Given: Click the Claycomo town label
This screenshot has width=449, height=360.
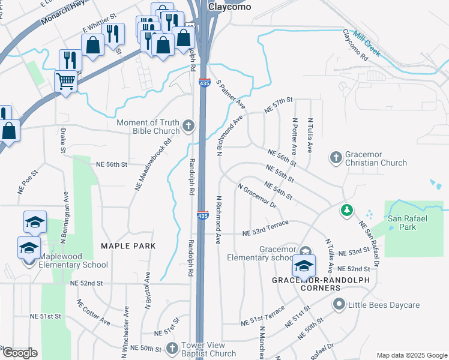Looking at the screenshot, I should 229,7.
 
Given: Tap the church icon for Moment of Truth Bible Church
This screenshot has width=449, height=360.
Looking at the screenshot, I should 188,126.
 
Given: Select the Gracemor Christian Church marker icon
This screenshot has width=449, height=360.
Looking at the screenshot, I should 336,158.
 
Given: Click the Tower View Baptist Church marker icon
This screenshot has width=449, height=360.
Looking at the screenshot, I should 172,348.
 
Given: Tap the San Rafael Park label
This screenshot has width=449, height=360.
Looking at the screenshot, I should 408,223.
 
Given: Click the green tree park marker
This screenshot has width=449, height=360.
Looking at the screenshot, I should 346,210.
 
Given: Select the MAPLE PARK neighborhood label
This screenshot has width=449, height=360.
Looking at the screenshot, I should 128,246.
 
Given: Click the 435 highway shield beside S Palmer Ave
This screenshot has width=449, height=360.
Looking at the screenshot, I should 204,84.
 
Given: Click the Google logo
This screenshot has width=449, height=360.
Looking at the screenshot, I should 20,353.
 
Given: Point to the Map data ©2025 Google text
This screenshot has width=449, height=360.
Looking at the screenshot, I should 411,355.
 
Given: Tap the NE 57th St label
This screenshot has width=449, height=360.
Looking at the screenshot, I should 278,106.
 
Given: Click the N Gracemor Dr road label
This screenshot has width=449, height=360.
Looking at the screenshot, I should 256,196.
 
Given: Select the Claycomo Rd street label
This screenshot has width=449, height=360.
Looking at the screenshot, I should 355,45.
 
